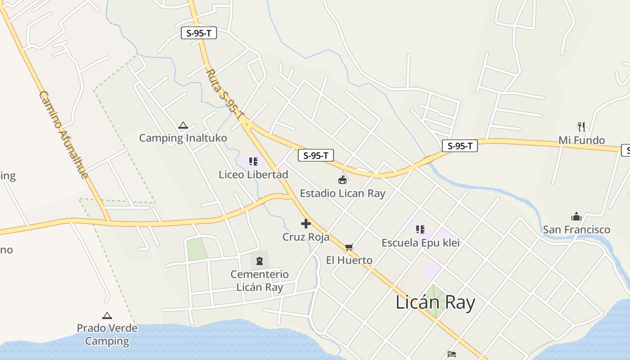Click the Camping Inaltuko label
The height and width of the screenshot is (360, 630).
(183, 138)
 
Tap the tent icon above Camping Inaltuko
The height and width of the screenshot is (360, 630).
(183, 126)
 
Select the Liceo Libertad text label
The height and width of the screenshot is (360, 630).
(253, 175)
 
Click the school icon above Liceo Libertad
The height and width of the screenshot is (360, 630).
(253, 161)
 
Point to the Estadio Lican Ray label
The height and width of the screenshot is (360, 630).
(342, 193)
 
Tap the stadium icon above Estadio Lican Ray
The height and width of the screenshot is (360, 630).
(342, 180)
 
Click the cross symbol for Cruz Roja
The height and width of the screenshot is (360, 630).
(306, 224)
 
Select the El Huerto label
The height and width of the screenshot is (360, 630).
(349, 260)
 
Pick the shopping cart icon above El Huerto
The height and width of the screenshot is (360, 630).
(349, 247)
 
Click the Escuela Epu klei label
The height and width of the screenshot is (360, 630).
(420, 243)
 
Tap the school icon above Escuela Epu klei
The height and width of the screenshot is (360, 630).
(420, 229)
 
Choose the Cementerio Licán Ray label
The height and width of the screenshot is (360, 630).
(260, 281)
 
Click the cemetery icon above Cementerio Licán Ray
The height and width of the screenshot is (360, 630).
(259, 261)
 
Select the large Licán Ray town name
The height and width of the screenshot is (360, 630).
(435, 302)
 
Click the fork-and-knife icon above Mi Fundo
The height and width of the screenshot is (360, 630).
(581, 126)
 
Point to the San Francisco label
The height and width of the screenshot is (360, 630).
(576, 229)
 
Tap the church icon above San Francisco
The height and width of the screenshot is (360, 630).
(576, 216)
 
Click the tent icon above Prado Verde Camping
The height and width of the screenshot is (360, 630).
(107, 316)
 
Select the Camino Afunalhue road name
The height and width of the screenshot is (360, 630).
(63, 134)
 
